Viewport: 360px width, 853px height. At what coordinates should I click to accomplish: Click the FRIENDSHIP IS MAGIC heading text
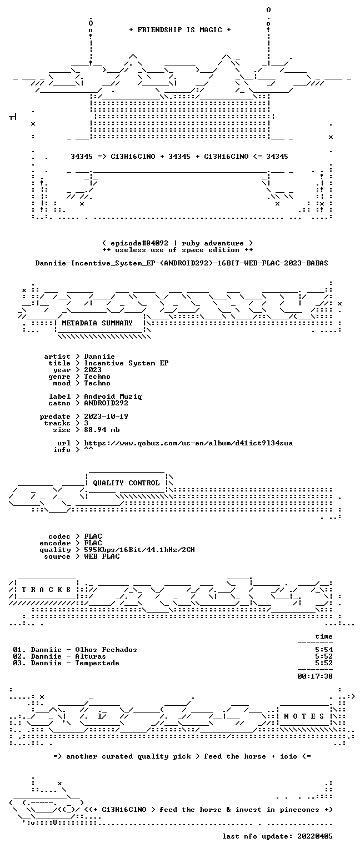(x=180, y=30)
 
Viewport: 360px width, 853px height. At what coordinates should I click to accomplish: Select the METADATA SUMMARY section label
(x=97, y=323)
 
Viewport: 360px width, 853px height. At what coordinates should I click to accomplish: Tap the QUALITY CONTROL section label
(x=126, y=483)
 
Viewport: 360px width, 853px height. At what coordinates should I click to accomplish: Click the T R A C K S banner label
(x=47, y=589)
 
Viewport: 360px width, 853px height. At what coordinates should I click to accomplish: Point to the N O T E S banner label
(x=304, y=716)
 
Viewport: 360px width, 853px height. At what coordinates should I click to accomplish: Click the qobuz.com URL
(x=188, y=443)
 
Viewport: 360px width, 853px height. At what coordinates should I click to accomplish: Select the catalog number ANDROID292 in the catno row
(x=106, y=403)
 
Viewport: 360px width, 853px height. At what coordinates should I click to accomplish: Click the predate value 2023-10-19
(x=106, y=416)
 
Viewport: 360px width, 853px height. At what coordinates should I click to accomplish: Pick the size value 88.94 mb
(x=102, y=429)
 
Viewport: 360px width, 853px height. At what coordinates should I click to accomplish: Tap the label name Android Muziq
(x=113, y=397)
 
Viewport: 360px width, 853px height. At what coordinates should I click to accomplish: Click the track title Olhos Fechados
(x=106, y=650)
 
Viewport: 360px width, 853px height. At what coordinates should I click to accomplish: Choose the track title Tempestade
(x=97, y=663)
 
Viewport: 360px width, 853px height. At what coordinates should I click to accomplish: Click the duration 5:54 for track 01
(x=324, y=650)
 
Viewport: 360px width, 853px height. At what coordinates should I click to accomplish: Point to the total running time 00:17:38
(x=315, y=676)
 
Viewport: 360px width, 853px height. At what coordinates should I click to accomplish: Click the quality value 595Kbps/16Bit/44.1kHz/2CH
(x=139, y=550)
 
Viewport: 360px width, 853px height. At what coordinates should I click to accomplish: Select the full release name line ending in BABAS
(x=182, y=263)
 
